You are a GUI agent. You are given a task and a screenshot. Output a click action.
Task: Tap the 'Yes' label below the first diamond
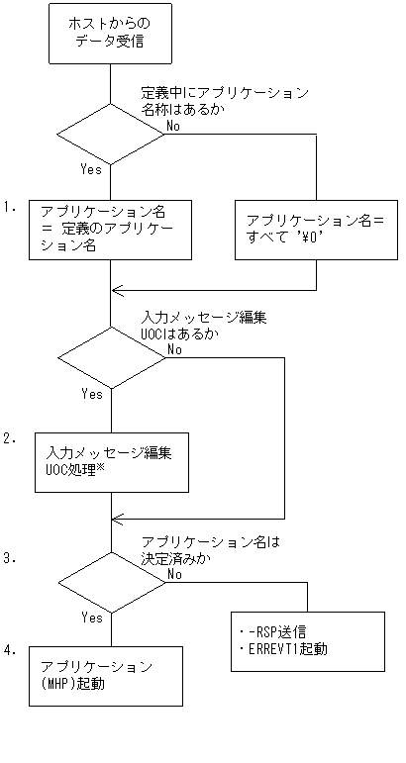(91, 169)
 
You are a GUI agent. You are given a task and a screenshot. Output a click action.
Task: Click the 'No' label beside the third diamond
(174, 573)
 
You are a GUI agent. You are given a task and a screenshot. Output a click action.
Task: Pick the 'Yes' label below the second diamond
(91, 393)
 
